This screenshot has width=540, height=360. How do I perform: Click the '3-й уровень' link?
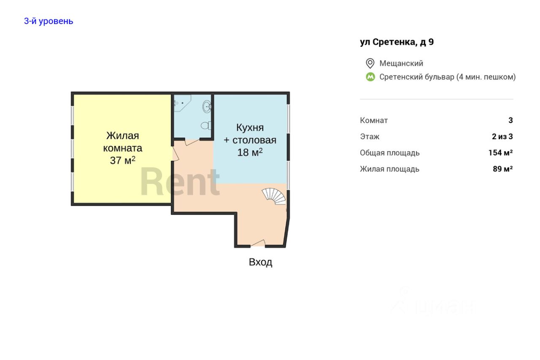click(49, 21)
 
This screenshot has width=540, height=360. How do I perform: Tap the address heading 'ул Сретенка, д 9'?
click(397, 42)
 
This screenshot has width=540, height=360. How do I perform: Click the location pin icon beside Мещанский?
click(370, 63)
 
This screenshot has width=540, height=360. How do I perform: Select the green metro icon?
click(370, 77)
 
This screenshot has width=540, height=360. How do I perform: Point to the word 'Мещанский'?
click(401, 63)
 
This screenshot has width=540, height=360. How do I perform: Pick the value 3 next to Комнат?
click(510, 120)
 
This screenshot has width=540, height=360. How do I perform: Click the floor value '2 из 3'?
click(502, 136)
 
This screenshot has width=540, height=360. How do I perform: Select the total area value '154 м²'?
click(500, 153)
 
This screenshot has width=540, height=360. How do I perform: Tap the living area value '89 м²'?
click(502, 169)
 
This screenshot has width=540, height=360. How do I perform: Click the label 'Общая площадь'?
click(389, 153)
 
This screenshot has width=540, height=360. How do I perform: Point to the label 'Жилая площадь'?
click(389, 169)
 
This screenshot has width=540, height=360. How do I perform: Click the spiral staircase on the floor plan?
click(274, 196)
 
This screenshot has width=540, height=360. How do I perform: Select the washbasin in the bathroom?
click(207, 107)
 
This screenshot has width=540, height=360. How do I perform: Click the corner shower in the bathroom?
click(182, 103)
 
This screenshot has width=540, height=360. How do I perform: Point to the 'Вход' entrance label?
click(261, 262)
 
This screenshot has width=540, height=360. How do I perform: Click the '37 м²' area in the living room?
click(123, 160)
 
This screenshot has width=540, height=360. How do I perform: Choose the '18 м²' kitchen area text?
click(250, 152)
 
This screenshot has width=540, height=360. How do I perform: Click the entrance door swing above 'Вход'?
click(258, 243)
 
